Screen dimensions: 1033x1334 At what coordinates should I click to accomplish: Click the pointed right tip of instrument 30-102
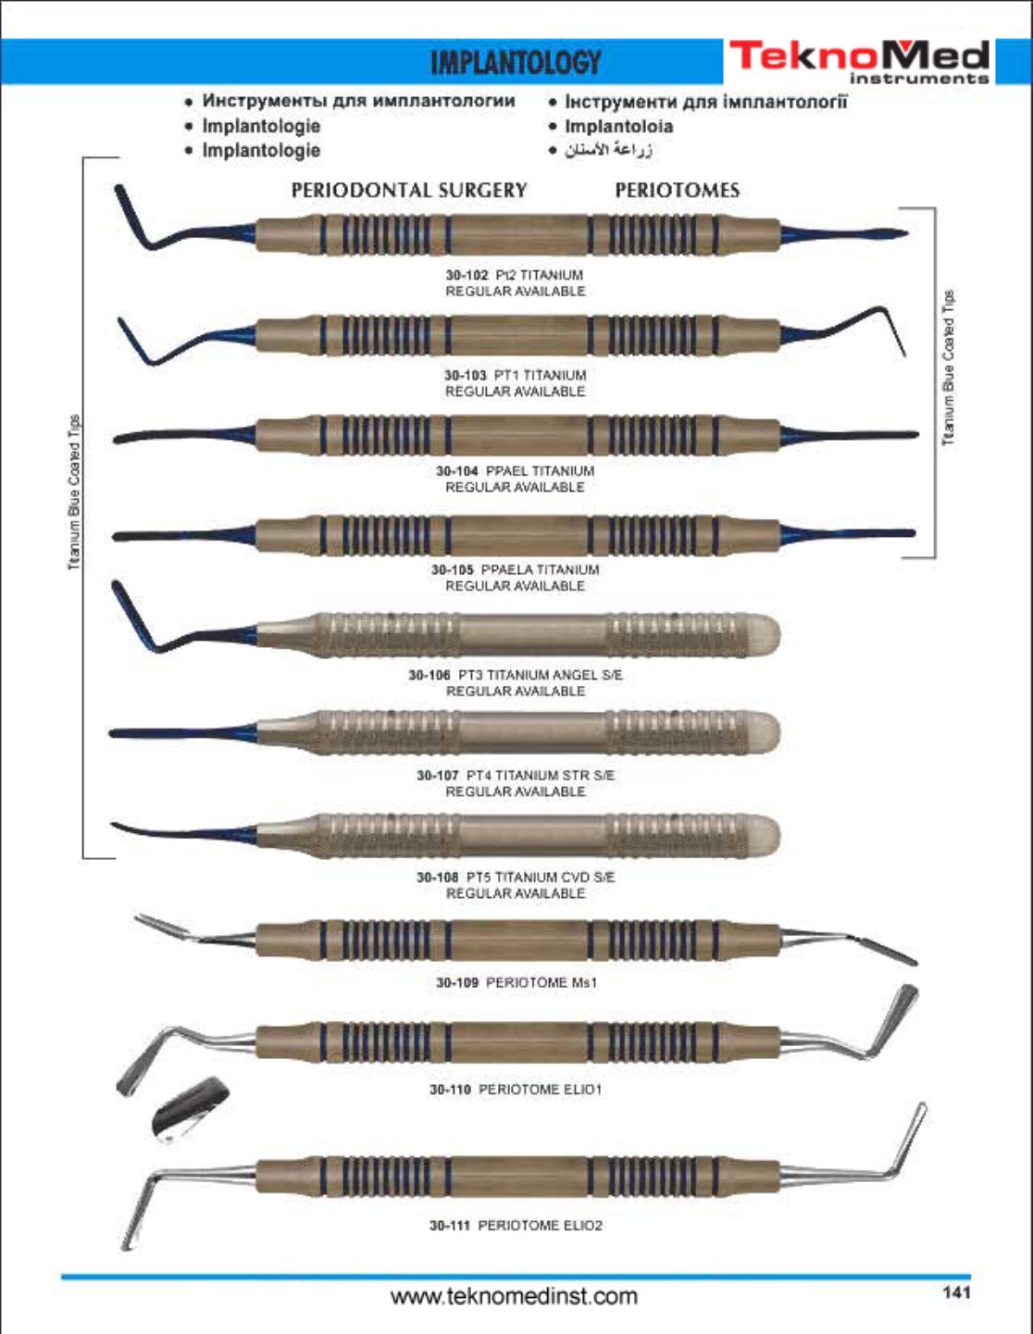click(x=908, y=232)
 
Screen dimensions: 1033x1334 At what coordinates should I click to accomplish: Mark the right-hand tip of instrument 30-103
click(x=904, y=355)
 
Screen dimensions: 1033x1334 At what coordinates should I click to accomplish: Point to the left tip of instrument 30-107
click(x=110, y=732)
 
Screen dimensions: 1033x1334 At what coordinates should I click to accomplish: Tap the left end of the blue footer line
click(x=61, y=1277)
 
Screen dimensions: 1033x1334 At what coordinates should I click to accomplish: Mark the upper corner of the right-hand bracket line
click(x=935, y=208)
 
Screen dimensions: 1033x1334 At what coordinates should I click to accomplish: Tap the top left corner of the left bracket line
click(x=83, y=158)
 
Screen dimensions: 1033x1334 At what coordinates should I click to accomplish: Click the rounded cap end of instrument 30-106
click(x=767, y=634)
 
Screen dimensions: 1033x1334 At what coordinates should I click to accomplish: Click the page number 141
click(x=957, y=1293)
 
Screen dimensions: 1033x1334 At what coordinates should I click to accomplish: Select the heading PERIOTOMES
click(x=677, y=191)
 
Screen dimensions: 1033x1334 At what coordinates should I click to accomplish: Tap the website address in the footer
click(x=515, y=1296)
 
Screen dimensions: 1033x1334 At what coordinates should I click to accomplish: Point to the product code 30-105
click(x=453, y=569)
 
